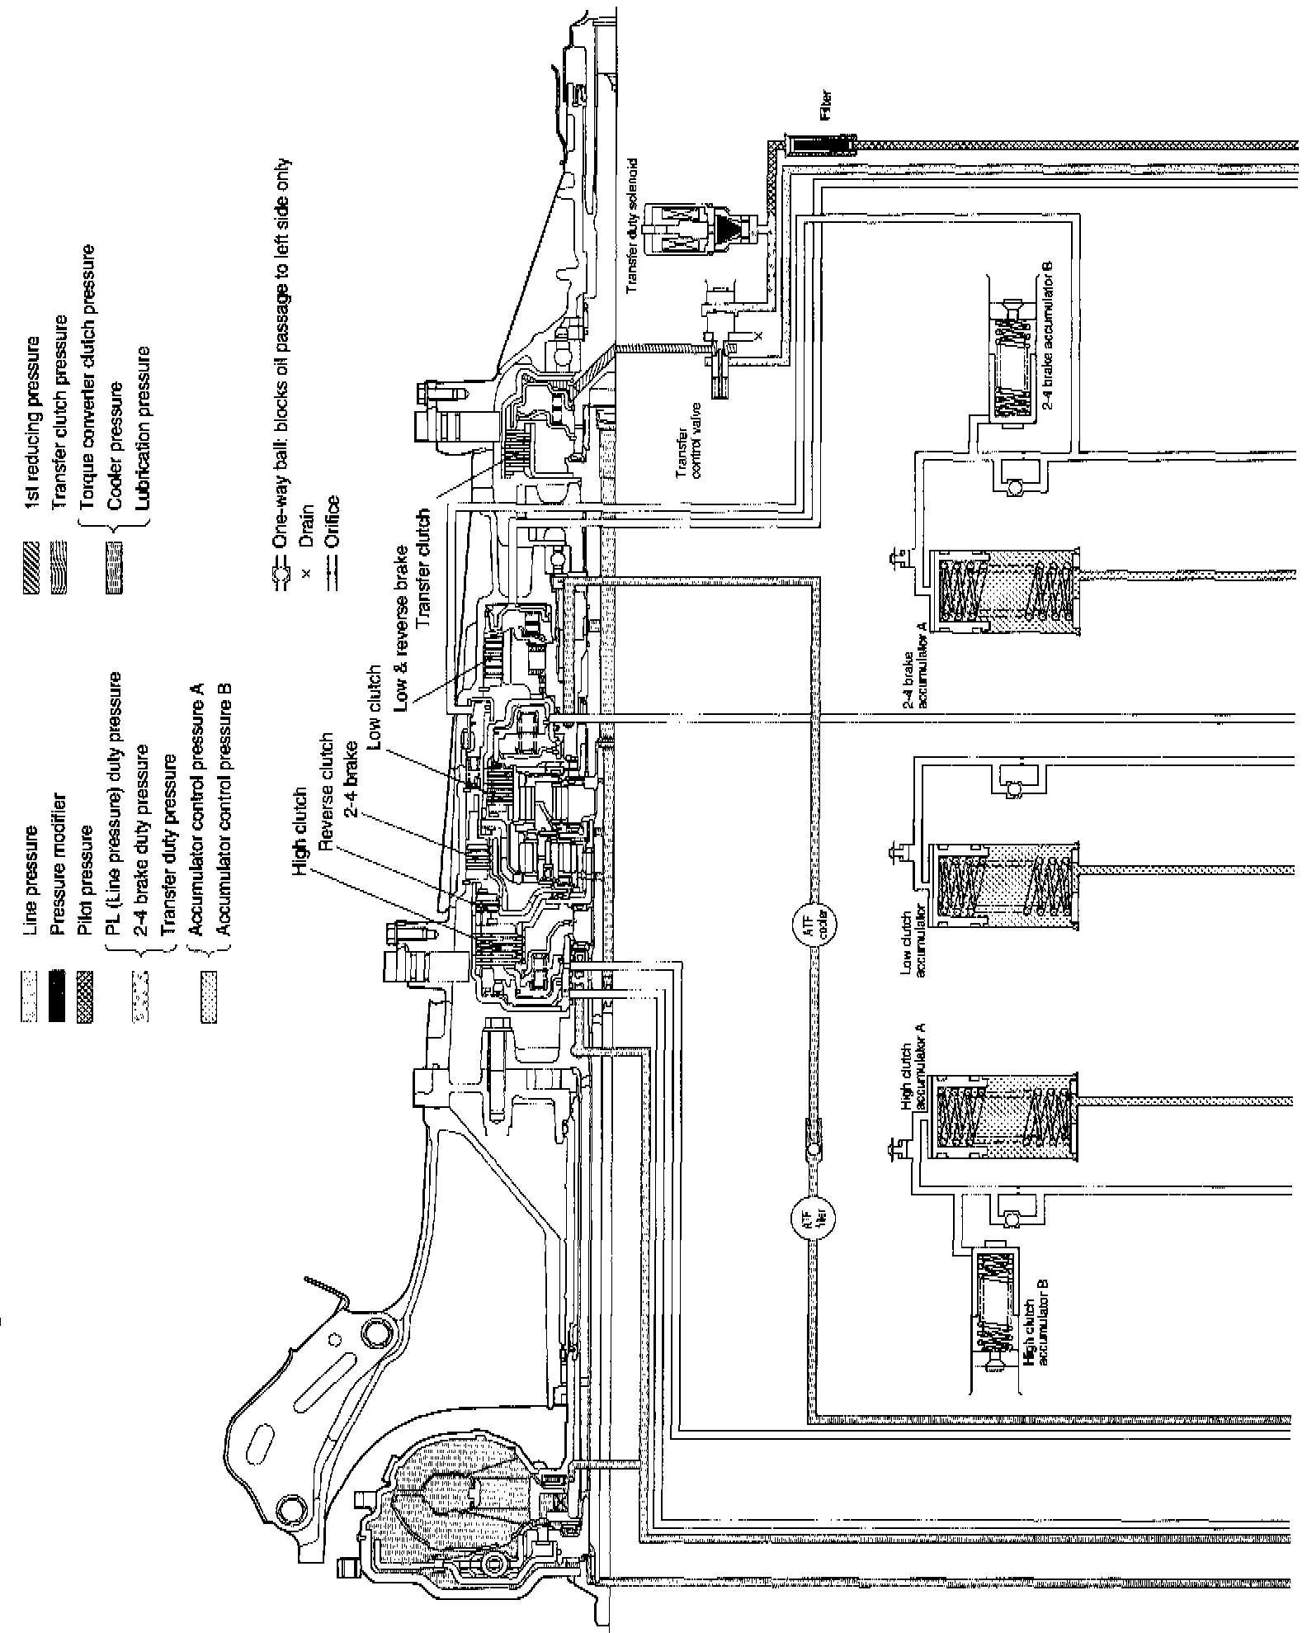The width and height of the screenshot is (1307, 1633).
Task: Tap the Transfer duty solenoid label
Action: [x=633, y=228]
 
